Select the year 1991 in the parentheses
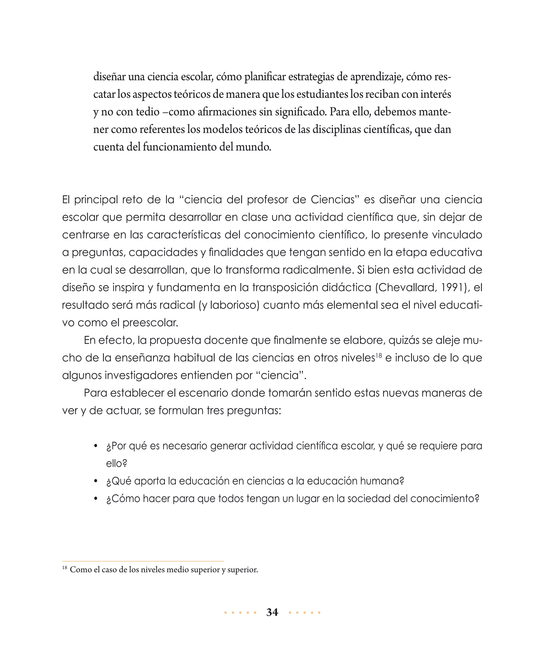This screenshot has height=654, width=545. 452,287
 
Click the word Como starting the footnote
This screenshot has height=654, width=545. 81,570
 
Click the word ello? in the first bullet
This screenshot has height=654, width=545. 117,464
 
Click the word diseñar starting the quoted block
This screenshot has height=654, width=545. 109,77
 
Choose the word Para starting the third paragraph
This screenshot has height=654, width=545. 95,393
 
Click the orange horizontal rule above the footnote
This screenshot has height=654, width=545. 143,561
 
